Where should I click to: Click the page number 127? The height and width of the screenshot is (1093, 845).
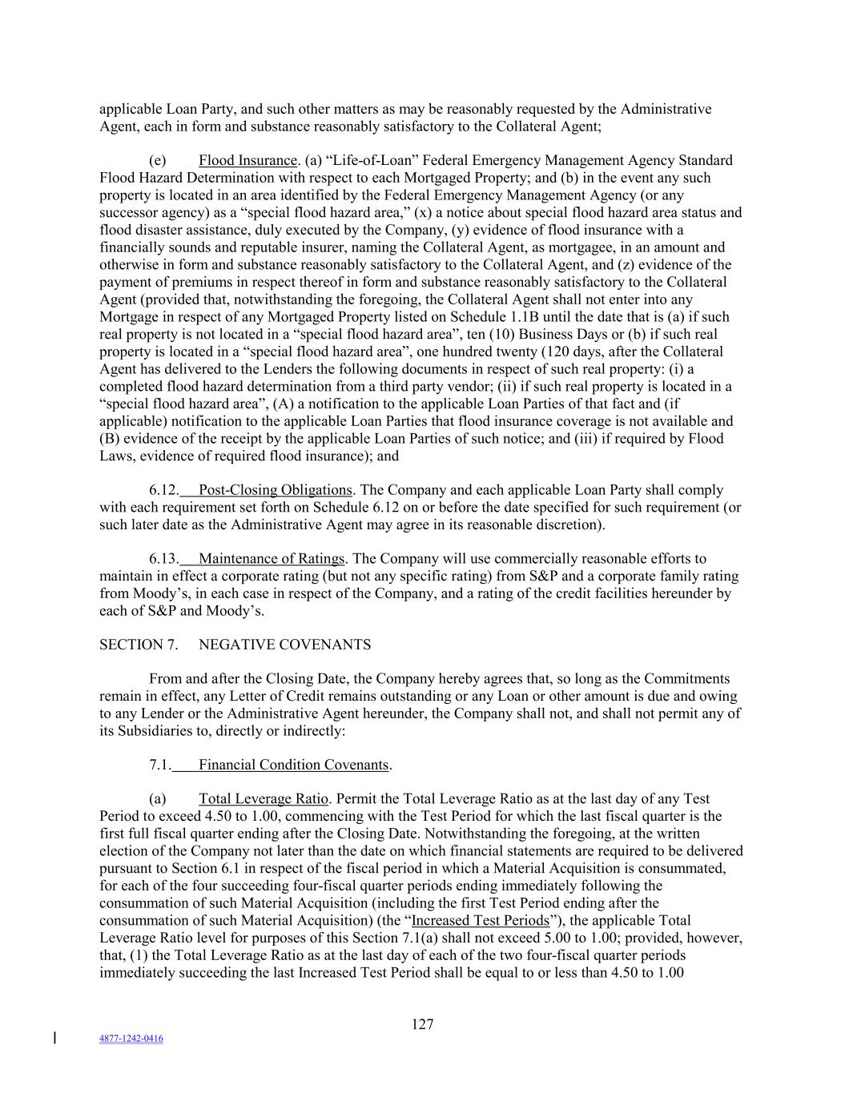(x=422, y=1024)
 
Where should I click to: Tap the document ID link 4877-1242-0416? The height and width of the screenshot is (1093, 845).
(x=131, y=1039)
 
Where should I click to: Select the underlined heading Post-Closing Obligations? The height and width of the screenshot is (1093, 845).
(x=275, y=489)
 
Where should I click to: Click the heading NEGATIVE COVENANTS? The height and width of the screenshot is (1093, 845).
(x=284, y=645)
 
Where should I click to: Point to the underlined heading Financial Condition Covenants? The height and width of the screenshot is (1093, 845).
(x=293, y=765)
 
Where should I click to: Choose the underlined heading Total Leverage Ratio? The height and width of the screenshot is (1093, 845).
(x=263, y=798)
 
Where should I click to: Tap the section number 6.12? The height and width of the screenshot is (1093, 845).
(x=163, y=489)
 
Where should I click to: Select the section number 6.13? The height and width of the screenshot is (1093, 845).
(x=163, y=558)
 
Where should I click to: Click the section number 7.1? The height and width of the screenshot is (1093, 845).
(x=160, y=765)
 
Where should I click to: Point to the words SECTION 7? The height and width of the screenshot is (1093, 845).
(x=139, y=645)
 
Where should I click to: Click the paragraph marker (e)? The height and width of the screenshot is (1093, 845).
(x=157, y=160)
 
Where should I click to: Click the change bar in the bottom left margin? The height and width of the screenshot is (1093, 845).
(x=54, y=1039)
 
